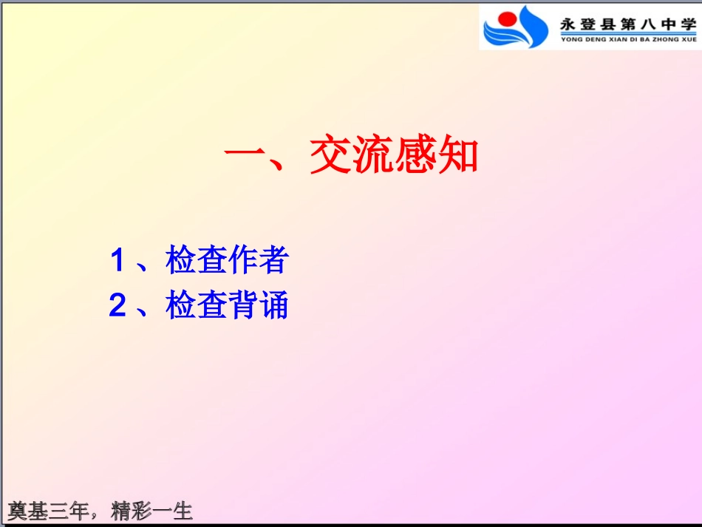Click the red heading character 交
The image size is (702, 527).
(x=330, y=156)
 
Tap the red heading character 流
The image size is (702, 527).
(x=374, y=156)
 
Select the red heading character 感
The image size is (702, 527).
(x=416, y=156)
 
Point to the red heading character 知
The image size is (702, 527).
(x=459, y=156)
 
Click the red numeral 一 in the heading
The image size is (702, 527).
(x=245, y=157)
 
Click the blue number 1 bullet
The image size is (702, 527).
(x=117, y=260)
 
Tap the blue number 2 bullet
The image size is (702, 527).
(x=117, y=306)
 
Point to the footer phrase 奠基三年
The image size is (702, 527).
(x=48, y=511)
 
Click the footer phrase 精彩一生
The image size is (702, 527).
(x=151, y=511)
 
